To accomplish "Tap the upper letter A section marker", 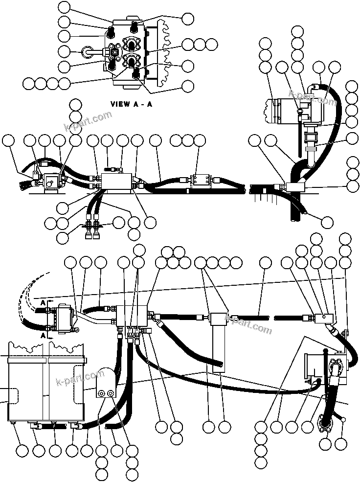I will tap(44, 303).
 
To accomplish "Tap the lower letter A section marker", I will tap(44, 336).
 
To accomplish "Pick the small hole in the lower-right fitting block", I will tap(322, 318).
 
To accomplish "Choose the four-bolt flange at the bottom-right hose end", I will tap(326, 423).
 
